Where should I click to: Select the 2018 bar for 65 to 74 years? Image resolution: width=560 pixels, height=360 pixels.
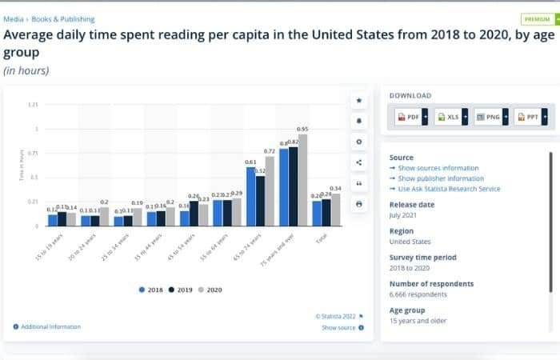click(251, 197)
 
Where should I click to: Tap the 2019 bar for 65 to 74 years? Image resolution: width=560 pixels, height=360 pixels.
click(261, 201)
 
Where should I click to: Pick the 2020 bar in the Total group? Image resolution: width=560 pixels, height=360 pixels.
click(335, 210)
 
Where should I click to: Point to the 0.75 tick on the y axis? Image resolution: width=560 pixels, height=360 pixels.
click(33, 153)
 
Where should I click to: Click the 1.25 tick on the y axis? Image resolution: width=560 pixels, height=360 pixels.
click(33, 105)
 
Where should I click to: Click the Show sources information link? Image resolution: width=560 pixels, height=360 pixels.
click(438, 168)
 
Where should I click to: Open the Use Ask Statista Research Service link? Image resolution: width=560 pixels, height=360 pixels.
click(448, 189)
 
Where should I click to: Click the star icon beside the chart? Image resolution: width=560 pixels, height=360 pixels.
click(359, 101)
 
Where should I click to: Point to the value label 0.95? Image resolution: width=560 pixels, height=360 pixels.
click(302, 129)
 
